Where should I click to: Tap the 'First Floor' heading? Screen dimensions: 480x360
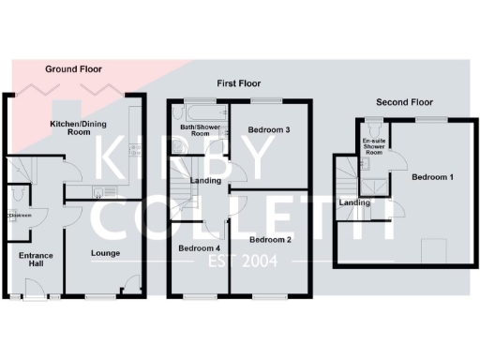click(237, 82)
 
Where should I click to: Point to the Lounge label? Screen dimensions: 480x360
click(105, 253)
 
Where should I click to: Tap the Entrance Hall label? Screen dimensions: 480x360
click(35, 260)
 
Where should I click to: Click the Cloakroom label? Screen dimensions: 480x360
click(20, 216)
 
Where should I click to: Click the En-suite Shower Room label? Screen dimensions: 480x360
click(375, 148)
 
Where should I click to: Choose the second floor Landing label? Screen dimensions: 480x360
click(353, 202)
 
